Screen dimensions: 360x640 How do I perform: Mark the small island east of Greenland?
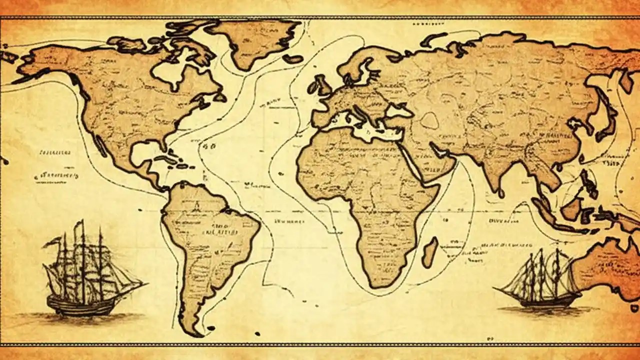click(x=293, y=58)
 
